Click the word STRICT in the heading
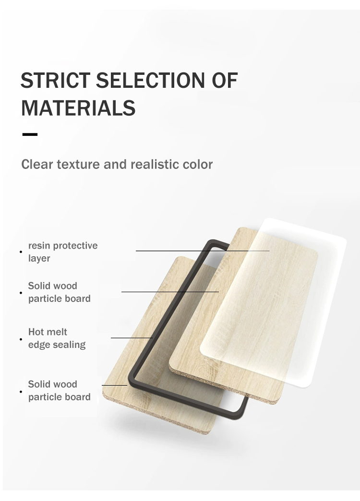(55, 80)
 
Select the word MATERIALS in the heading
(78, 108)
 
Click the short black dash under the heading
(30, 134)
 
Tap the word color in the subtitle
(198, 165)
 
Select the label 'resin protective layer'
(63, 252)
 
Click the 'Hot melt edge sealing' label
(57, 338)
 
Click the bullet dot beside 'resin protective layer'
(21, 252)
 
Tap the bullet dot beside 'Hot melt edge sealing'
(21, 339)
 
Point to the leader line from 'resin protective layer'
(203, 251)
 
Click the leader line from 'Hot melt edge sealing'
(132, 338)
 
